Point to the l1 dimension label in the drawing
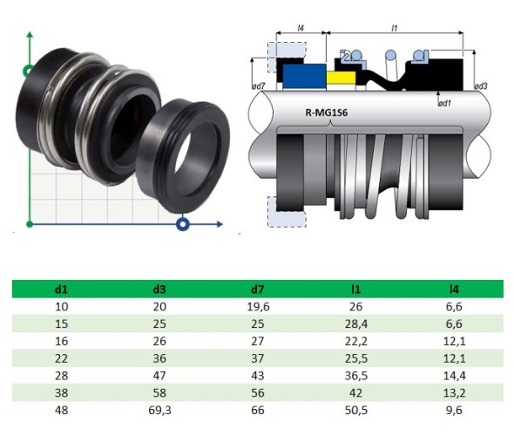[x=395, y=28]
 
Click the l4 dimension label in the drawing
[x=301, y=28]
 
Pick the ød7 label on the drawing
[x=258, y=85]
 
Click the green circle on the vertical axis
[x=30, y=70]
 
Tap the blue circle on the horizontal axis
[x=183, y=225]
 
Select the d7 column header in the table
[x=260, y=288]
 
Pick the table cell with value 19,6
[x=260, y=306]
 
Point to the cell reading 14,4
[x=453, y=375]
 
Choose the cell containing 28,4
[x=357, y=324]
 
